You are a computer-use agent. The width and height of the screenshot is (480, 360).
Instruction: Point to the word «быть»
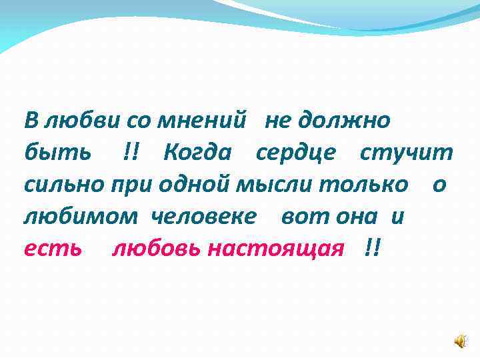[x=57, y=153]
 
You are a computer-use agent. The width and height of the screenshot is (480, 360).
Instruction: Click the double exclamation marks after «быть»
[x=132, y=153]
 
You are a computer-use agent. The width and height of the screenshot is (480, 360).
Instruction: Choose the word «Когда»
[x=197, y=153]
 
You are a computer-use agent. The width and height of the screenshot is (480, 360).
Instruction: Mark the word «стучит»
[x=407, y=153]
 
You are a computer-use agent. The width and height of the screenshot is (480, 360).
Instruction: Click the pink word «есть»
[x=53, y=249]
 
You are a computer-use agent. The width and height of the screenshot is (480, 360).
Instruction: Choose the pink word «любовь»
[x=156, y=249]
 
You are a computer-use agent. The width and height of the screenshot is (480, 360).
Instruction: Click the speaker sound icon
[x=461, y=342]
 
